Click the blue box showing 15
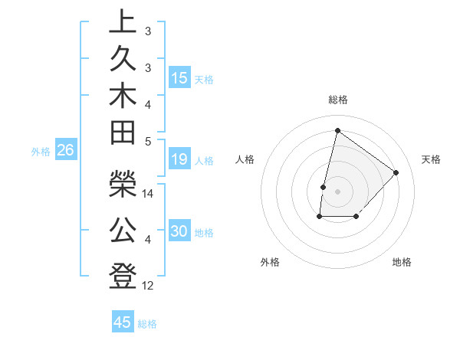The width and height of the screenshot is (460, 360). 179,78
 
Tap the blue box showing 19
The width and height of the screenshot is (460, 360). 179,159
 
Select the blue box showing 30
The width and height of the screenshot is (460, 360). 179,232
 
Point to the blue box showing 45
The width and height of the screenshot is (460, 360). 123,322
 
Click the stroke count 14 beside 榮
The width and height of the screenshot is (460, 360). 148,195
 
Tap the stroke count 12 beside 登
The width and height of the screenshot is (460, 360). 148,286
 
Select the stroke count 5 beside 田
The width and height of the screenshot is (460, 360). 148,142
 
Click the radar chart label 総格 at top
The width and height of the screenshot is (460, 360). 338,100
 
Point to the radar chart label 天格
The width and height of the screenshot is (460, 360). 431,159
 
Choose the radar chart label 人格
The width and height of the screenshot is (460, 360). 245,159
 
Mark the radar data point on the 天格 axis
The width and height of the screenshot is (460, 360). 396,172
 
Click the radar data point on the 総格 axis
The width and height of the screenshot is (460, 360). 337,131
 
